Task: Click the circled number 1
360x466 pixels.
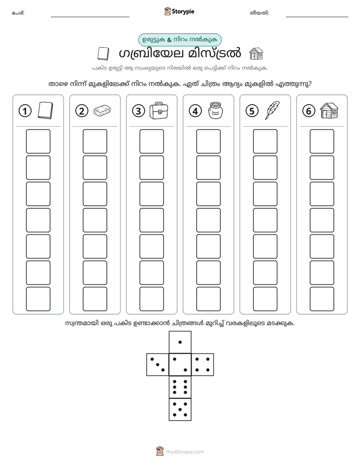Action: (x=25, y=111)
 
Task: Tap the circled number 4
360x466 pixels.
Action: (x=195, y=111)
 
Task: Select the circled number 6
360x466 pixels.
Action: (x=309, y=111)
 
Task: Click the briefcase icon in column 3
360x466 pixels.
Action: (x=158, y=110)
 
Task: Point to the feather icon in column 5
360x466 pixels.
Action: (x=272, y=110)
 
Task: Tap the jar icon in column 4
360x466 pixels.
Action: (x=216, y=110)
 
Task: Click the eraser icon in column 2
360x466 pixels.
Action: (x=102, y=110)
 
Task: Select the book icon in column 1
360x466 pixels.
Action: (x=45, y=110)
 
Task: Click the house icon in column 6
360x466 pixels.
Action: (x=329, y=110)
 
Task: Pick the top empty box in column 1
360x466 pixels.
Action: (x=38, y=141)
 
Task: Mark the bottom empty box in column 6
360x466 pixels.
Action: (x=322, y=299)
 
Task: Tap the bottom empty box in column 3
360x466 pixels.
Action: (x=151, y=299)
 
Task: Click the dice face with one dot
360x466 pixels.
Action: (x=180, y=342)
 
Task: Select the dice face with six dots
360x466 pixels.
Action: (x=180, y=387)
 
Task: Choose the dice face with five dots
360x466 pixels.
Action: (x=180, y=409)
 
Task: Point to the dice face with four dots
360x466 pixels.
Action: (x=203, y=365)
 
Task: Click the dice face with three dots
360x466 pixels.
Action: (x=158, y=365)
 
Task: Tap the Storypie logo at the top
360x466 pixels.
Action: (x=179, y=12)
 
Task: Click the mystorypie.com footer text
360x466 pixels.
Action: (x=185, y=452)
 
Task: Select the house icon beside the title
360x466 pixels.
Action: (x=256, y=54)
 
